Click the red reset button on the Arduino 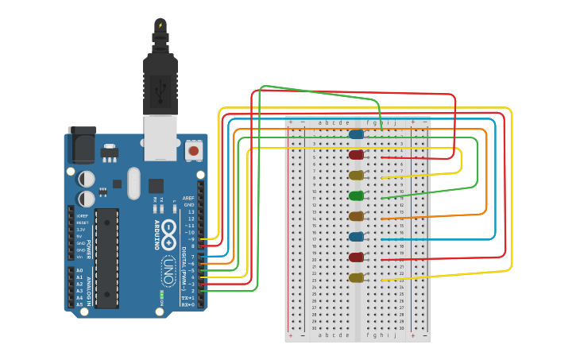(x=193, y=149)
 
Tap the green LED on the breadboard (x=356, y=195)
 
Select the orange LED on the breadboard (x=356, y=216)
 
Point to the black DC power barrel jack (x=81, y=144)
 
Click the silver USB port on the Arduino (x=160, y=133)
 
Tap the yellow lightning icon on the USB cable (x=160, y=25)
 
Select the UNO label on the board (x=168, y=270)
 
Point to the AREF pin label (x=188, y=198)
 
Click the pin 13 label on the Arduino (x=190, y=211)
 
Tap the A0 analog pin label (x=79, y=270)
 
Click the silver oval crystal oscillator (x=133, y=183)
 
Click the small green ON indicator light (x=161, y=296)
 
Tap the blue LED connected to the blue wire (x=356, y=237)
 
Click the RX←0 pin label (x=188, y=304)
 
